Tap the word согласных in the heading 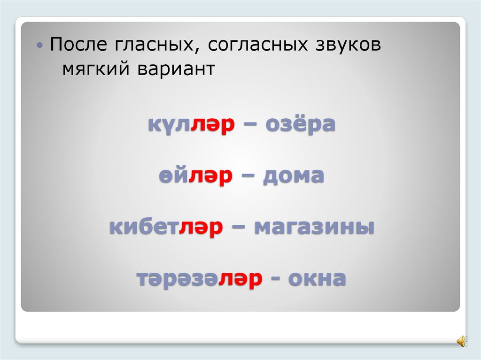point(255,46)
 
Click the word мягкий point(96,69)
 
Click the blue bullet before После point(41,46)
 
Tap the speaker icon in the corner point(461,340)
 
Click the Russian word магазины point(314,228)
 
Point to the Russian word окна point(317,279)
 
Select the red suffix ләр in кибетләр point(201,228)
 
